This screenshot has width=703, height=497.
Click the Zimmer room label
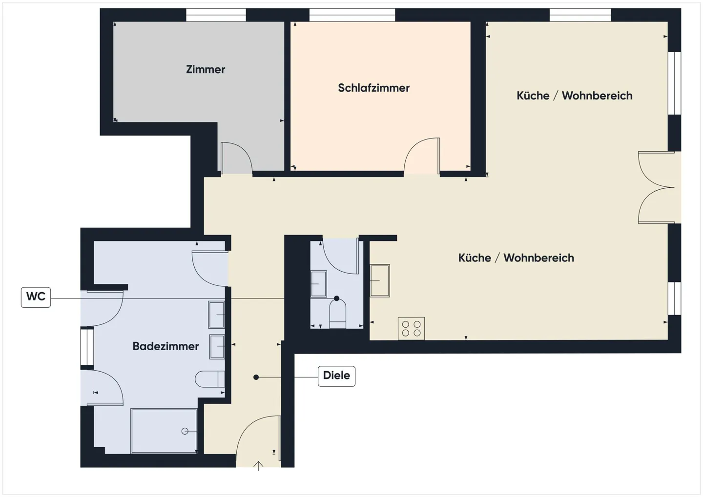(x=206, y=69)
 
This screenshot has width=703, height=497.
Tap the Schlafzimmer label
(x=373, y=88)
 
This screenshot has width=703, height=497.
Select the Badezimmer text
(x=165, y=346)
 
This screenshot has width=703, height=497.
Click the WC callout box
(x=36, y=297)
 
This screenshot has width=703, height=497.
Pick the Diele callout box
(x=336, y=376)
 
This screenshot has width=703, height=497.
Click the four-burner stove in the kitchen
(x=411, y=328)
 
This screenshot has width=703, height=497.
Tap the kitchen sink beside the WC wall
(x=380, y=280)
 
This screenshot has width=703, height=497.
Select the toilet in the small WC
(x=337, y=313)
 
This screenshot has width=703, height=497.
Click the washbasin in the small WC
(x=318, y=284)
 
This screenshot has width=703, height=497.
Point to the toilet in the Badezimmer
(x=209, y=379)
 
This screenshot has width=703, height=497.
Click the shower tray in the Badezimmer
(x=164, y=431)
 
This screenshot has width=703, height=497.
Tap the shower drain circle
(x=185, y=432)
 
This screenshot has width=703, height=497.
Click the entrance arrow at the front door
(x=258, y=466)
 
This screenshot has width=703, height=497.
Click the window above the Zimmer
(x=216, y=15)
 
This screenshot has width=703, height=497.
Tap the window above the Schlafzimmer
(x=352, y=15)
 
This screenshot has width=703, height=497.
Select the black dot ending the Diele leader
(x=256, y=377)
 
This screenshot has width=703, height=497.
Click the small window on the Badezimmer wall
(x=87, y=346)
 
